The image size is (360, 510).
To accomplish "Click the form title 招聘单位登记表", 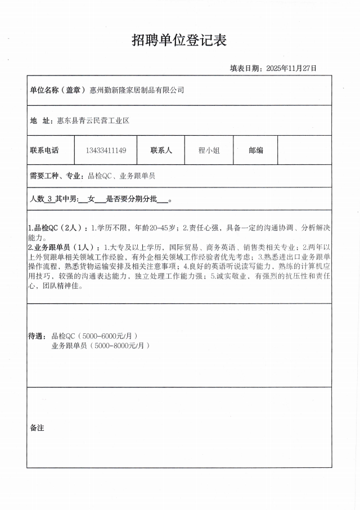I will pyautogui.click(x=179, y=40).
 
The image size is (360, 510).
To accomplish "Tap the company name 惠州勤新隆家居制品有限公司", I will pyautogui.click(x=137, y=90).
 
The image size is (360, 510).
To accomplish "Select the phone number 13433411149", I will pyautogui.click(x=106, y=150).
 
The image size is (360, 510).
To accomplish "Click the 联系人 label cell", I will pyautogui.click(x=161, y=150).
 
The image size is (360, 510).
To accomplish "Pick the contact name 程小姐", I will pyautogui.click(x=209, y=150).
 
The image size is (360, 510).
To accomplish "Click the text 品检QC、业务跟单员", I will pyautogui.click(x=121, y=176).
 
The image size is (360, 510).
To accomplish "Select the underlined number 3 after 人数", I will pyautogui.click(x=50, y=199).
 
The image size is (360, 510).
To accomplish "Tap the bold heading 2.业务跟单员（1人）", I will pyautogui.click(x=61, y=247).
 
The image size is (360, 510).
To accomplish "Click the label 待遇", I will pyautogui.click(x=36, y=336).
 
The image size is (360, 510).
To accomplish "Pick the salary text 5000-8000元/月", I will pyautogui.click(x=122, y=346).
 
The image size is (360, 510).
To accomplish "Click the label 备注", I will pyautogui.click(x=37, y=428).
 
